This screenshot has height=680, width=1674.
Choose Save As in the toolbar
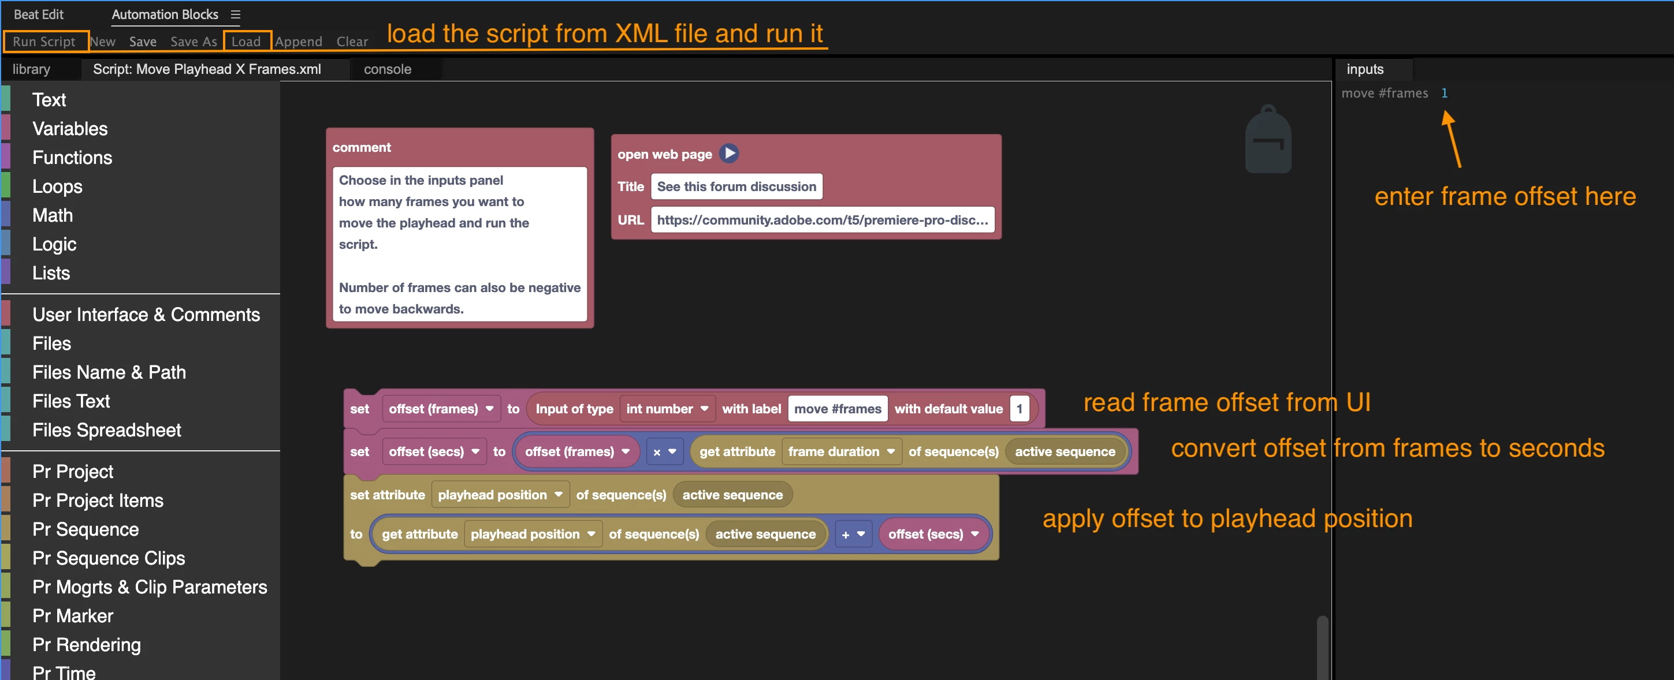coord(194,42)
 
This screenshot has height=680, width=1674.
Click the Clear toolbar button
coord(352,42)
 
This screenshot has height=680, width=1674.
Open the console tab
coord(387,69)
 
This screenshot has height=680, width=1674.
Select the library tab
coord(31,69)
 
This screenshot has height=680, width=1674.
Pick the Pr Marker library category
coord(73,616)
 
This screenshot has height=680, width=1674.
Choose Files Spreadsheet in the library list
coord(106,430)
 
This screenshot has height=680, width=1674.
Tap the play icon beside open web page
coord(729,154)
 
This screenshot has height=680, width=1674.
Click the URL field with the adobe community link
coord(822,220)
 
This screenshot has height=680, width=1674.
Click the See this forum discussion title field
coord(736,186)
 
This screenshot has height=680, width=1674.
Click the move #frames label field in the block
coord(838,409)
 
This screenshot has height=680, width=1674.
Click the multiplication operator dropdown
coord(664,452)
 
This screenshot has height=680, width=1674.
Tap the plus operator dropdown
coord(853,535)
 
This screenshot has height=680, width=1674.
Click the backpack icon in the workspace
coord(1268,139)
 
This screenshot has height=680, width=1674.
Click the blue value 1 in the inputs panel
coord(1444,94)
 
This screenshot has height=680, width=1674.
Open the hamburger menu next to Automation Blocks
coord(235,14)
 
